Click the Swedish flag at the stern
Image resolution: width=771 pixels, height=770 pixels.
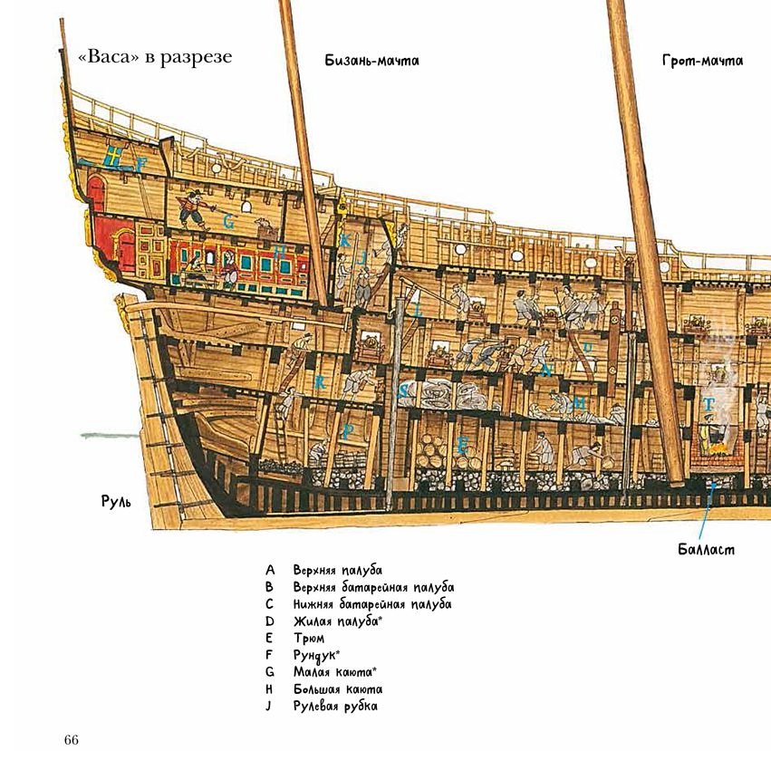click(114, 158)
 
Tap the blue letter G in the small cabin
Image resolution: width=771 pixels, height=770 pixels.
click(228, 222)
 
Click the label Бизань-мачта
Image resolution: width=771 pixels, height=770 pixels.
click(371, 61)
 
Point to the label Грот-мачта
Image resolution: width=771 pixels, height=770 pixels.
click(702, 61)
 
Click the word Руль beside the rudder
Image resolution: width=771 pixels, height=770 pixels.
click(116, 501)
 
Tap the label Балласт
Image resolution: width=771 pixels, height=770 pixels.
click(706, 549)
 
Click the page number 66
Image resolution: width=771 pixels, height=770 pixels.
click(72, 739)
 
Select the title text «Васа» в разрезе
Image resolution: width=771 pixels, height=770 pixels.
click(156, 57)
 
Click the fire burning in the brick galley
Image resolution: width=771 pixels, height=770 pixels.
click(718, 448)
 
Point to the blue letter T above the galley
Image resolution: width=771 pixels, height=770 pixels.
click(708, 405)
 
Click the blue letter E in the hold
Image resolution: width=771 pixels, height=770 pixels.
click(462, 446)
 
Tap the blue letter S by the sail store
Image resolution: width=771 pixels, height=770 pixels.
click(402, 391)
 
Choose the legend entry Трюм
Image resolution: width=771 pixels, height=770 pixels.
click(309, 639)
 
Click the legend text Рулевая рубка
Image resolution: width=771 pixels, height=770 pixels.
click(335, 706)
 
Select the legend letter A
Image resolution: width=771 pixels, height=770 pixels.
click(270, 570)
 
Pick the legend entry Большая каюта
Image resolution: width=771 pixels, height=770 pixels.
click(338, 688)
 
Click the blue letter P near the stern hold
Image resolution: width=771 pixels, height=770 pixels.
click(348, 432)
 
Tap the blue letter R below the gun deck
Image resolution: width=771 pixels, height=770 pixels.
click(320, 382)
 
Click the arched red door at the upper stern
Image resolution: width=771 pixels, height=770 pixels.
click(97, 193)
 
